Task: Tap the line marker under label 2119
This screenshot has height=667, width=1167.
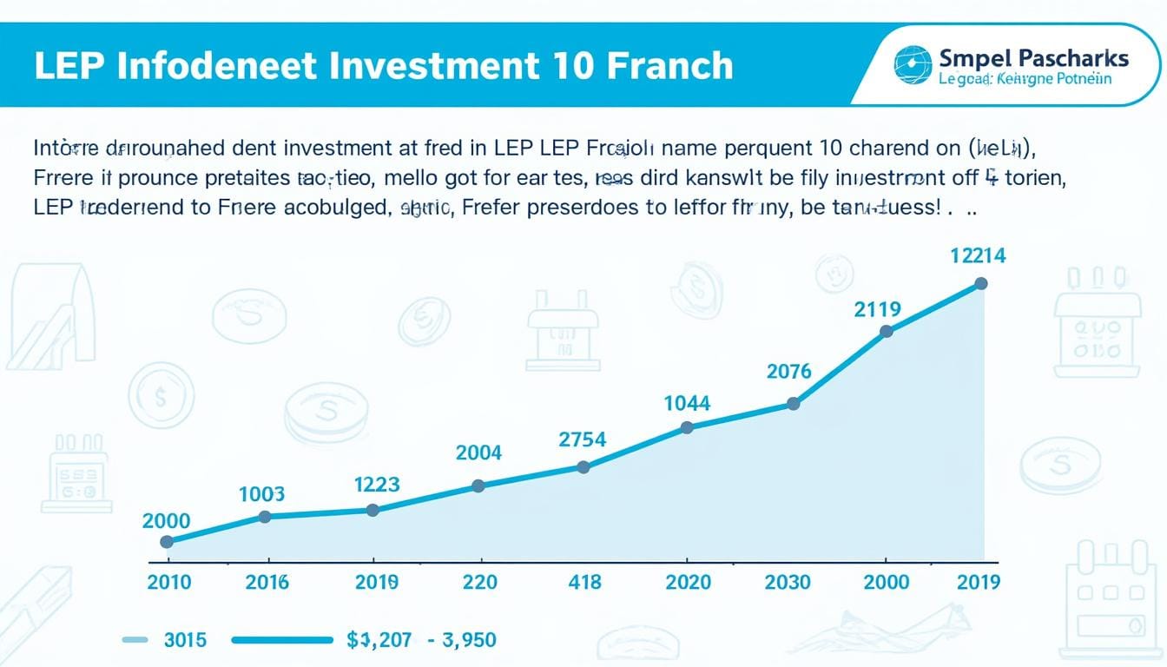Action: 887,331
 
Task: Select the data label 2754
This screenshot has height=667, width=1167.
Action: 582,439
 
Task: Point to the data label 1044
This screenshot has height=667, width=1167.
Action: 687,403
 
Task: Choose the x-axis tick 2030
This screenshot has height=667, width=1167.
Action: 787,581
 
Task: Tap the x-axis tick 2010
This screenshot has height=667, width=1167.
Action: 169,581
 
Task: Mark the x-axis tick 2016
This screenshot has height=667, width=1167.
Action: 267,581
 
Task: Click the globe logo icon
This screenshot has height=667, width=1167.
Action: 911,64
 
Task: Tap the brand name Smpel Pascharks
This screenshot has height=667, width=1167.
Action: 1033,59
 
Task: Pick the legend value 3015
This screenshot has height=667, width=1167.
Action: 185,640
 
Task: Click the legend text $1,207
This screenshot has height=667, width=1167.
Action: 378,640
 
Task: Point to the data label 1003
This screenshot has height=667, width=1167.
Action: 261,494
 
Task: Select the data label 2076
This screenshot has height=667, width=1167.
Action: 789,372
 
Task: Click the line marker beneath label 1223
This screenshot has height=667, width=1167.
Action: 373,510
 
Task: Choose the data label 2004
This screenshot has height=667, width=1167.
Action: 478,452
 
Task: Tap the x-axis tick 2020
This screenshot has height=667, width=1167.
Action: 689,581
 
